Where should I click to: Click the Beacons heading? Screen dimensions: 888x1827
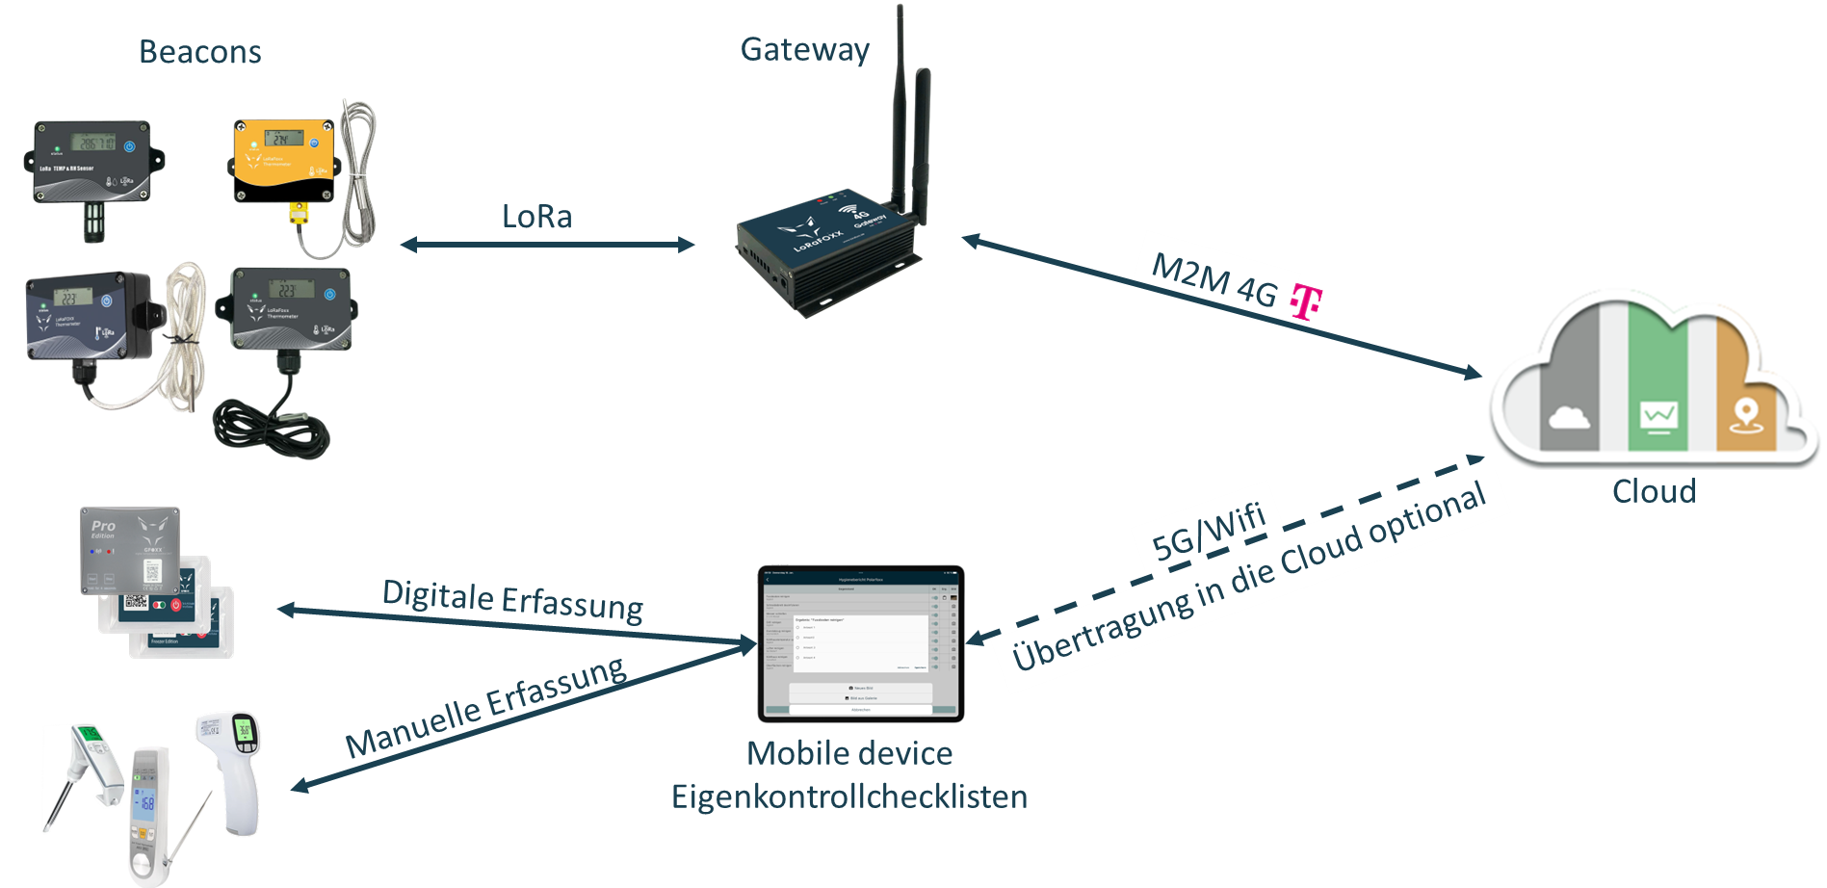[199, 52]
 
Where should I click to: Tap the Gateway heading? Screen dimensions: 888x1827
[804, 49]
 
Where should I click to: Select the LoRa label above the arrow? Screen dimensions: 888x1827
[536, 217]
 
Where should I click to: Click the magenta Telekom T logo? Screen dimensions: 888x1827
[1305, 301]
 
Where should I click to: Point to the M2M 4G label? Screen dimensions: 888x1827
[1214, 280]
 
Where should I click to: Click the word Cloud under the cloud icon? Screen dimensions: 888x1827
[1654, 491]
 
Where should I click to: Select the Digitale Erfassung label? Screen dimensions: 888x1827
[512, 599]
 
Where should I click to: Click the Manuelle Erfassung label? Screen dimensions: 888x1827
[485, 707]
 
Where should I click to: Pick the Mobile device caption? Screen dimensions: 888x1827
[849, 753]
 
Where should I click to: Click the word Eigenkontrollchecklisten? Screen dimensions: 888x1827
[849, 797]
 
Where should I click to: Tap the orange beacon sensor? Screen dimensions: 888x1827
[284, 160]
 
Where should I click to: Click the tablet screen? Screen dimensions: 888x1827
[860, 644]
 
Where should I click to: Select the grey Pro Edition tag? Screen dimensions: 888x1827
[129, 550]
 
